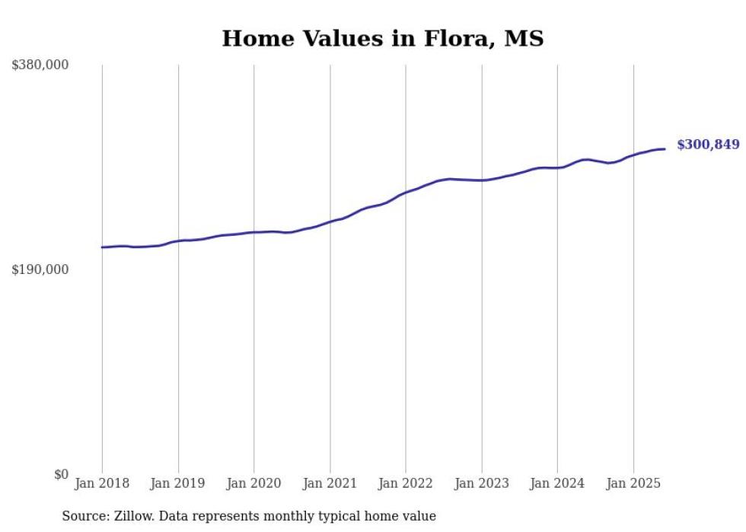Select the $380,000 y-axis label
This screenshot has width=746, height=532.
[x=40, y=65]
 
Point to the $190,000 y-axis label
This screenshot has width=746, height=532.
[x=40, y=269]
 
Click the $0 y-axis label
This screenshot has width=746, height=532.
[x=61, y=474]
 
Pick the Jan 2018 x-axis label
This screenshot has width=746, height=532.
[x=102, y=483]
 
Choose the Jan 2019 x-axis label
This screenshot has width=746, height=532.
[x=178, y=483]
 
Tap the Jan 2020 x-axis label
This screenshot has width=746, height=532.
[x=253, y=483]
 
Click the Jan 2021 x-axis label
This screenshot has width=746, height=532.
[x=330, y=483]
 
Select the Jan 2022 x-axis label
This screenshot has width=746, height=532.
[x=406, y=483]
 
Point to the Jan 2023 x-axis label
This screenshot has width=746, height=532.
[x=481, y=483]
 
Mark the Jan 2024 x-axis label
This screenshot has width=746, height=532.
[x=557, y=483]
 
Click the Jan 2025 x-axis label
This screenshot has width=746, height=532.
[x=633, y=483]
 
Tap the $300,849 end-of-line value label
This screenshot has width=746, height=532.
[x=707, y=145]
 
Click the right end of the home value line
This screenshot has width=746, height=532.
[x=665, y=148]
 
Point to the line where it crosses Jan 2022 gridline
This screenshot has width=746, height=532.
[x=406, y=193]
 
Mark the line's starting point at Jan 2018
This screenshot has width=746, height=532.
[x=102, y=247]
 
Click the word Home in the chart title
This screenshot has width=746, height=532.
[x=255, y=39]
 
